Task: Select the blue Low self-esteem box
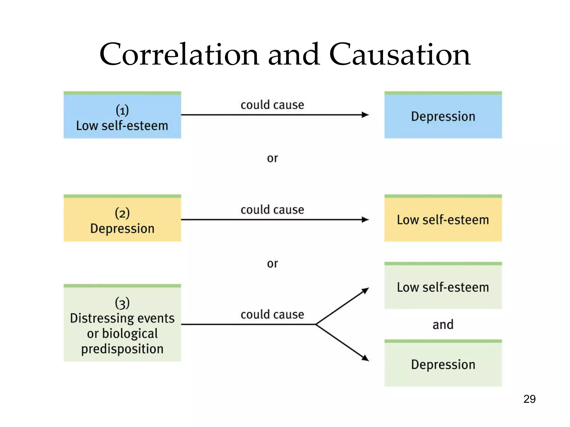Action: [122, 115]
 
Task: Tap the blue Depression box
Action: [443, 115]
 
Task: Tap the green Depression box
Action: [443, 363]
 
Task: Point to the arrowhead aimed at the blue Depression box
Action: [366, 115]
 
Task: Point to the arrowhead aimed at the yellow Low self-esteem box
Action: [366, 220]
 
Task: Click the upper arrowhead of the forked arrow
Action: [366, 290]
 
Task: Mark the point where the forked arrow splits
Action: [316, 324]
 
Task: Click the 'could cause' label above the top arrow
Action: [272, 105]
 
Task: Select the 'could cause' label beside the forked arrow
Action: [272, 315]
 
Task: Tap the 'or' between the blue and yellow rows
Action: [272, 158]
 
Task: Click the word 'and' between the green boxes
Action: [443, 324]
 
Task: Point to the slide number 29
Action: [529, 399]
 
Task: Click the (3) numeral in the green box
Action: [122, 303]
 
